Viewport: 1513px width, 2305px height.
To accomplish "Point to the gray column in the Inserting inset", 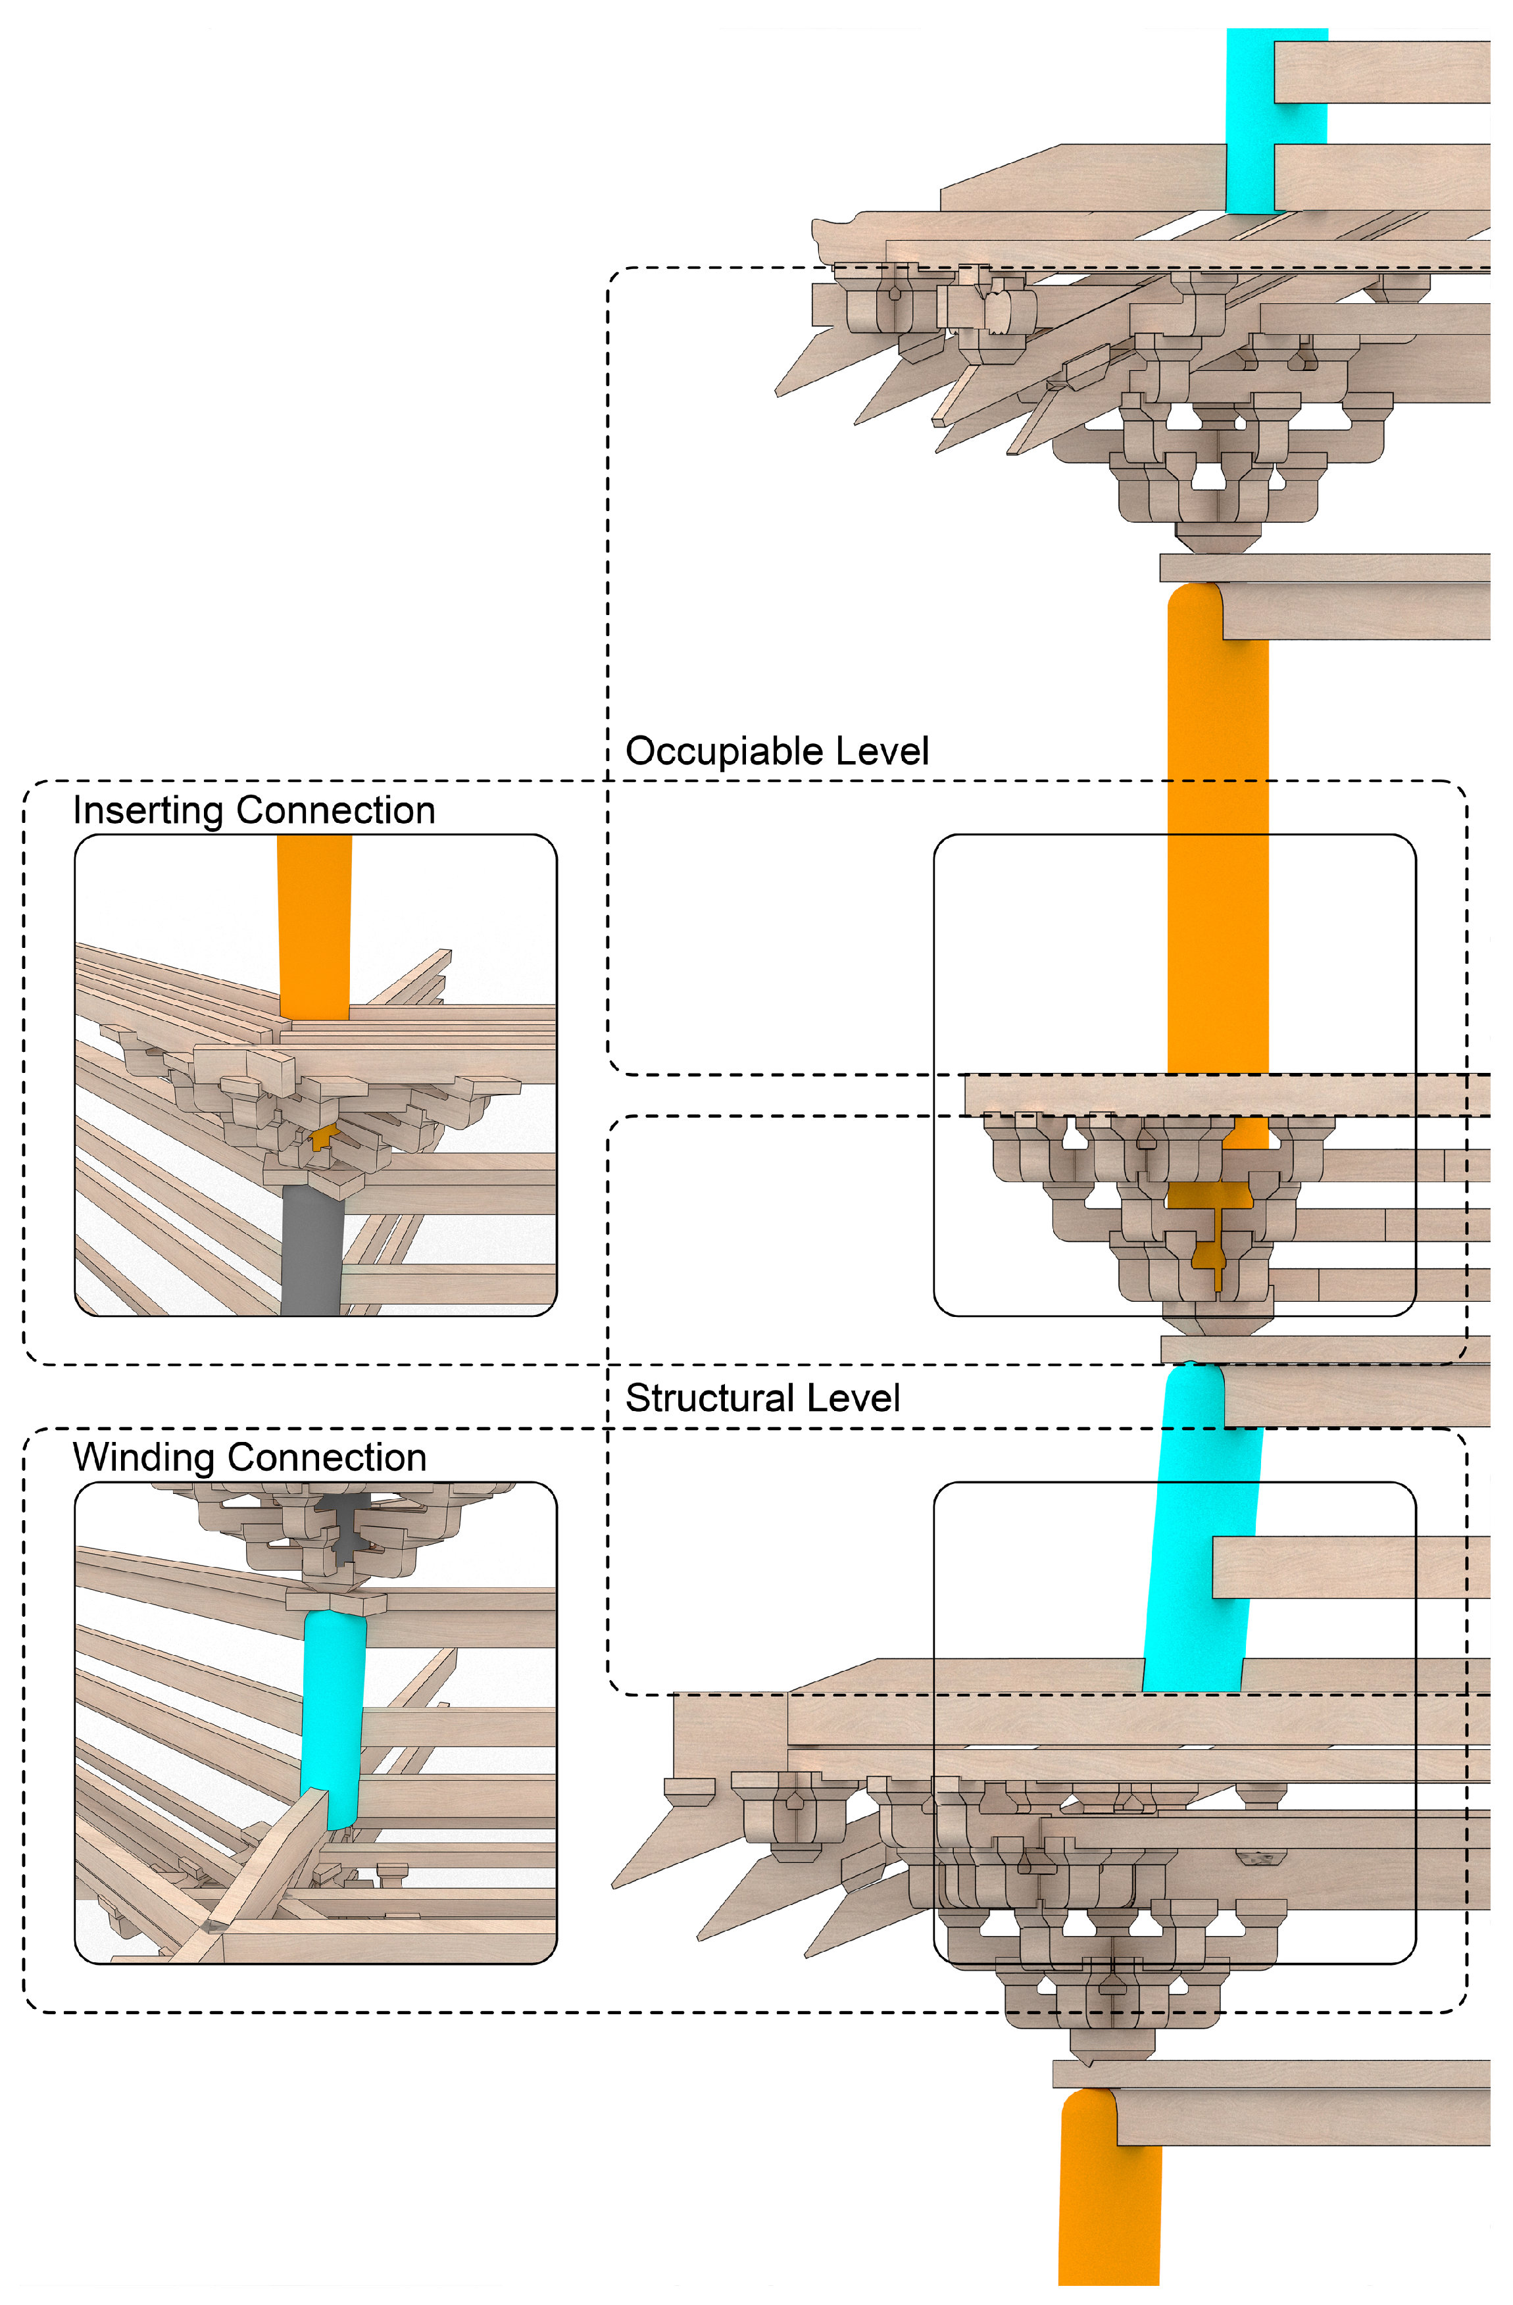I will coord(312,1249).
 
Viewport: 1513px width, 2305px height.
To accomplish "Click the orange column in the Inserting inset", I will coord(314,920).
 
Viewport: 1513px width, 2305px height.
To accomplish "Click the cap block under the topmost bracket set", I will coord(1216,537).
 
